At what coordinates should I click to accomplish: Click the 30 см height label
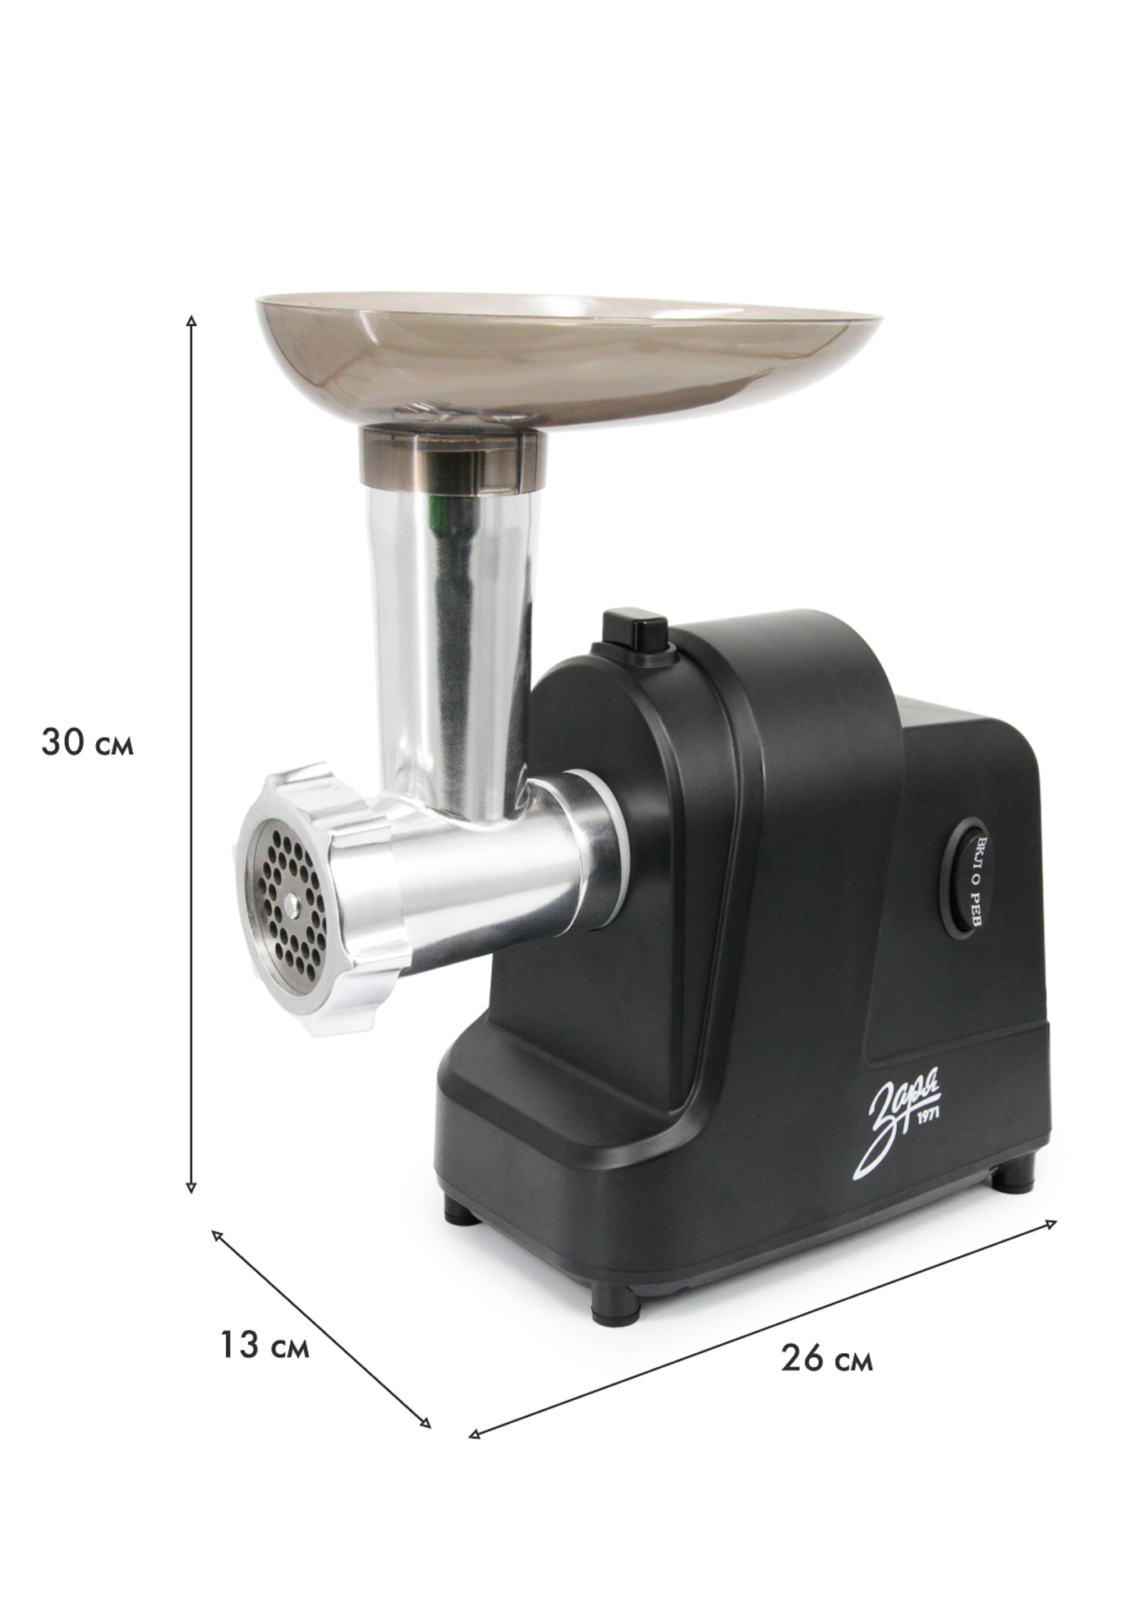coord(87,743)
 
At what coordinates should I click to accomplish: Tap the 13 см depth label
coord(264,1346)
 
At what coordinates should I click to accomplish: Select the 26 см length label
coord(827,1358)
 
